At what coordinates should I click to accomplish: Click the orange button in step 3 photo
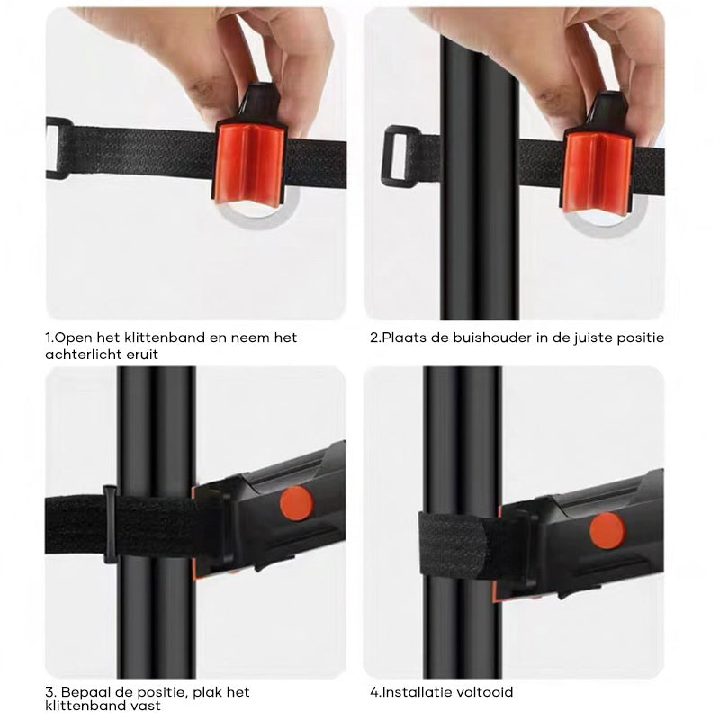296,503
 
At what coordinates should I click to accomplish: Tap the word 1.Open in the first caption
67,337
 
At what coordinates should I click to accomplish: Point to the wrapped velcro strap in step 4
454,545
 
